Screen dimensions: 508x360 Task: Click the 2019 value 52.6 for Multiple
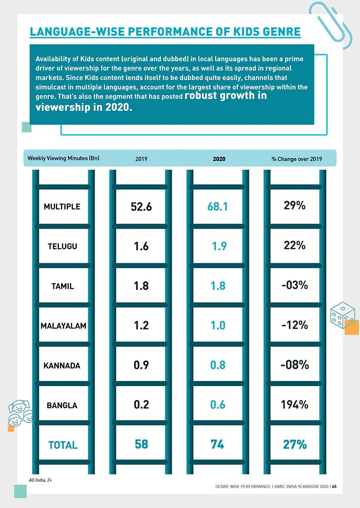click(141, 207)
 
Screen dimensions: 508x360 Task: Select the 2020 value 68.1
click(217, 207)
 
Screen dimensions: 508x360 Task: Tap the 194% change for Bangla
click(295, 405)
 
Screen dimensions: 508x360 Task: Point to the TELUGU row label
click(62, 246)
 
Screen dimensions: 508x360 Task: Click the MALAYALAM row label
click(64, 326)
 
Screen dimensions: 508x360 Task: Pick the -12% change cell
click(295, 325)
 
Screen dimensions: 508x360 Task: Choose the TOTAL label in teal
click(63, 445)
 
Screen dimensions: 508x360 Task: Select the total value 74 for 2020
click(217, 444)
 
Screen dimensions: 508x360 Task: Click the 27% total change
click(295, 444)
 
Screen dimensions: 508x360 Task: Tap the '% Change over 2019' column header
click(296, 159)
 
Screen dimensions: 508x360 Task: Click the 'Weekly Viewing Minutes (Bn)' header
click(63, 158)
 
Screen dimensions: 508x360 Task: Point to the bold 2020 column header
click(219, 159)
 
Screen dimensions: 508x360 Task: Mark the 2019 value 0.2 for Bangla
click(141, 405)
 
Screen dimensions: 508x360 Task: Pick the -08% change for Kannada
click(295, 365)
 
